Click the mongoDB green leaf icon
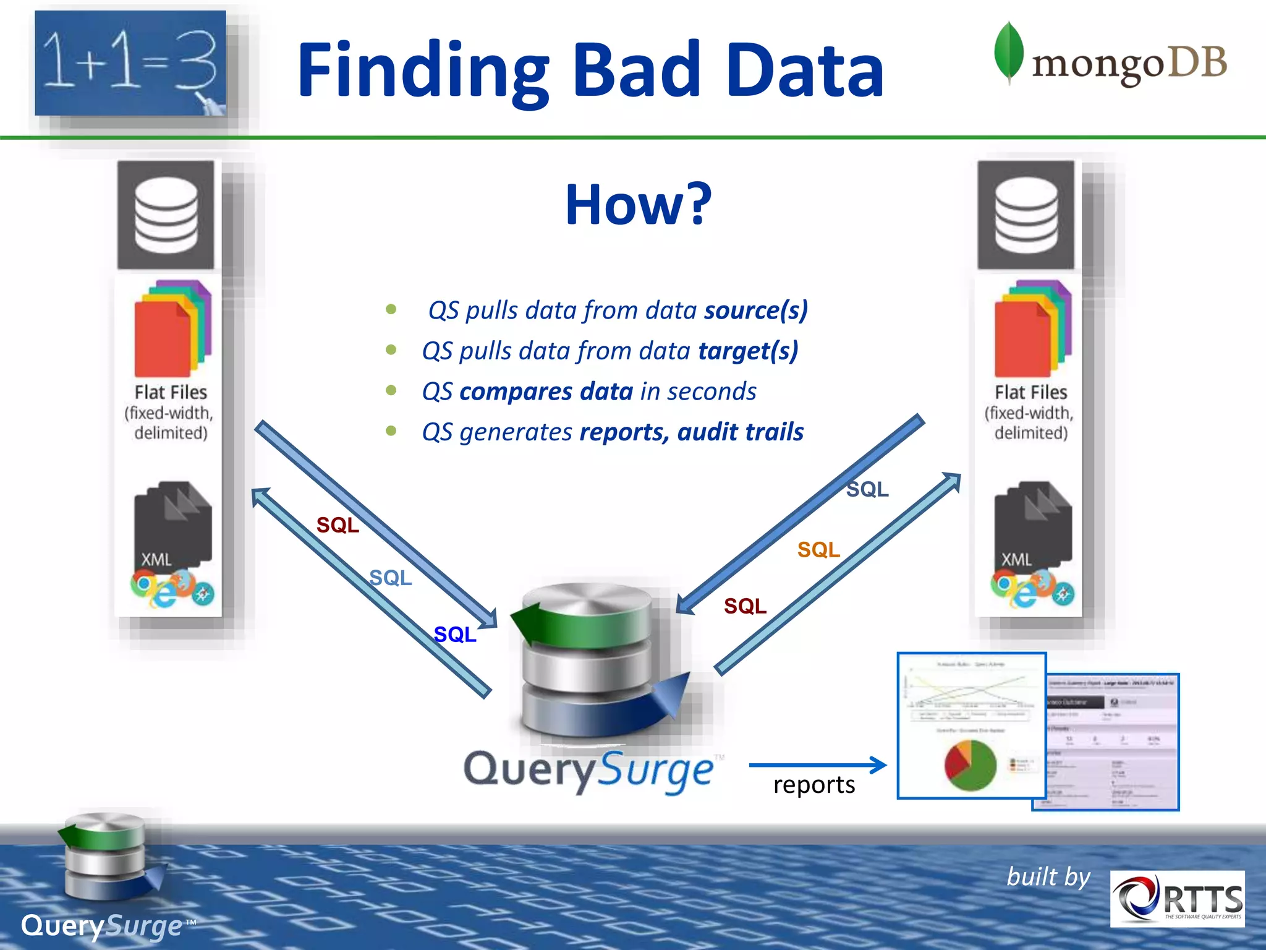(1008, 53)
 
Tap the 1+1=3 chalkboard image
(130, 63)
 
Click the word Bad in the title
(637, 69)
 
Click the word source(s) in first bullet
(755, 310)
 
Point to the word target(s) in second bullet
(748, 351)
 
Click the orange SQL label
(818, 549)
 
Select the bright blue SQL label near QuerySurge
(455, 635)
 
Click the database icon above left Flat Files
(166, 215)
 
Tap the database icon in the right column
(1026, 215)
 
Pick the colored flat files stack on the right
(1032, 328)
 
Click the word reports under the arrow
(814, 785)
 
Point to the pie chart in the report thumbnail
(970, 765)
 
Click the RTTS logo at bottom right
(1177, 899)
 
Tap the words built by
(1048, 877)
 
